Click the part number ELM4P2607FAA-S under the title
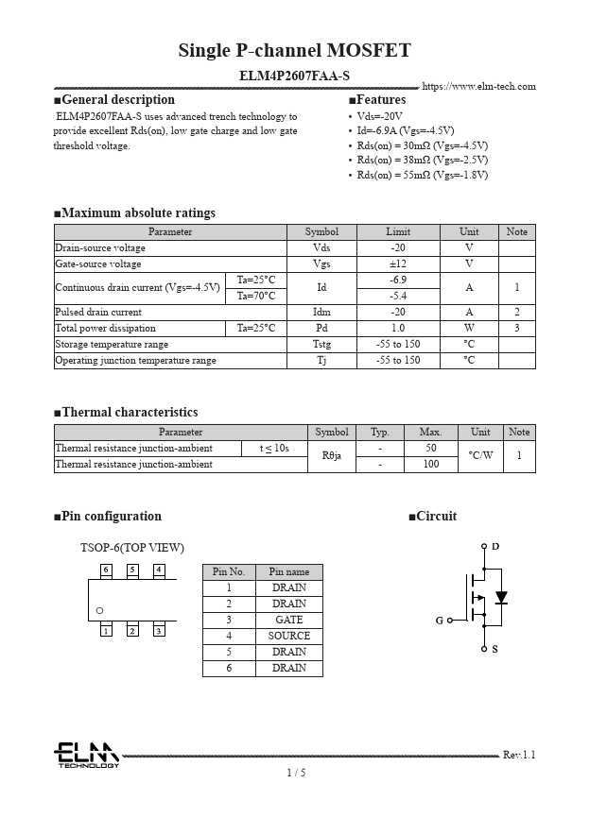tap(294, 75)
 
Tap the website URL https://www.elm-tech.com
tap(478, 87)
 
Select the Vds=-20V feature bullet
tap(379, 116)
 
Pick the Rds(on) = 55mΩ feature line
tap(422, 175)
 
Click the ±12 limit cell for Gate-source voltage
tap(398, 264)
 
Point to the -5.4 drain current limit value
tap(398, 296)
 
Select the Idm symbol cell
tap(321, 312)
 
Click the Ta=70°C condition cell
tap(255, 296)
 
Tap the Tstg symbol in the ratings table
tap(321, 344)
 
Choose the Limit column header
tap(398, 231)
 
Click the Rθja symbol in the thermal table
tap(331, 456)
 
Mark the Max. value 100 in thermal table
tap(430, 465)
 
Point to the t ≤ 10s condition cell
tap(274, 449)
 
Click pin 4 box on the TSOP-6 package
tap(159, 570)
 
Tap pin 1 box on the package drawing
tap(106, 630)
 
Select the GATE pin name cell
tap(288, 620)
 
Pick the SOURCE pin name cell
tap(288, 636)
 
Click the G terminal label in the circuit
tap(440, 621)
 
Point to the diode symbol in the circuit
tap(501, 597)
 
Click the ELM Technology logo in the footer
tap(86, 755)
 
